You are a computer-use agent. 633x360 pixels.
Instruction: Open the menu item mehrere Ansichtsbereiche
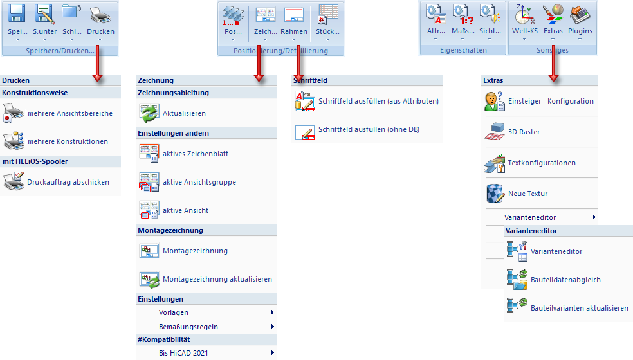point(69,113)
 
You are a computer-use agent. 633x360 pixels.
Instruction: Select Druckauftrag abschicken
point(68,182)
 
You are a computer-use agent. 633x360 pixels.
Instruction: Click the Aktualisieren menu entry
point(184,113)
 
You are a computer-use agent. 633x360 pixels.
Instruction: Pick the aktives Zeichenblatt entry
point(195,154)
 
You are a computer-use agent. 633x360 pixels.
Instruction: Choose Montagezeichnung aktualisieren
point(217,279)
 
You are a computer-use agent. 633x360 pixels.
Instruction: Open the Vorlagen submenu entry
point(174,312)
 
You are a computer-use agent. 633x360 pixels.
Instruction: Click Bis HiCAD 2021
point(183,353)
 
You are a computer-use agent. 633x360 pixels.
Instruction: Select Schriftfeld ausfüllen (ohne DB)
point(369,129)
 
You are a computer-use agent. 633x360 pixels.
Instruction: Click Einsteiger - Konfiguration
point(551,101)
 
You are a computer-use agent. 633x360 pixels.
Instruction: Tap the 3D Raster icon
point(494,131)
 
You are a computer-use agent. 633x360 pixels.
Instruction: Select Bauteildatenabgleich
point(565,280)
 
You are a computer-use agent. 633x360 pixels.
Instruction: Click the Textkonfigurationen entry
point(542,163)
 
